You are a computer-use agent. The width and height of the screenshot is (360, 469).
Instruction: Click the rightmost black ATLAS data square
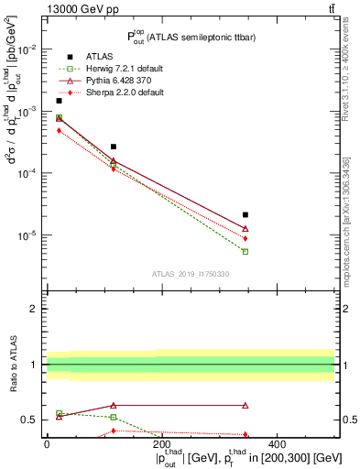pyautogui.click(x=245, y=214)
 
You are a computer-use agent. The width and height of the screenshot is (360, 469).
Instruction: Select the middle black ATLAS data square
pyautogui.click(x=114, y=147)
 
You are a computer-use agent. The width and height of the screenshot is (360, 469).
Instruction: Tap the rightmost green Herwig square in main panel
pyautogui.click(x=245, y=251)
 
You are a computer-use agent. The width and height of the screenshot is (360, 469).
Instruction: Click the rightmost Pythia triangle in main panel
pyautogui.click(x=245, y=228)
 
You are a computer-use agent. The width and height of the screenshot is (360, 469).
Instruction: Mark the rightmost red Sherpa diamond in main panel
pyautogui.click(x=245, y=238)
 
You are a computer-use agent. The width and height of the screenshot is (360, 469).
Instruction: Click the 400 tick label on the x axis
pyautogui.click(x=277, y=445)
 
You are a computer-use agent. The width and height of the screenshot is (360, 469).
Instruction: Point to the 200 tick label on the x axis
pyautogui.click(x=161, y=445)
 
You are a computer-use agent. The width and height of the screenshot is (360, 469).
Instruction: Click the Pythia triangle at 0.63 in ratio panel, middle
pyautogui.click(x=114, y=405)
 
